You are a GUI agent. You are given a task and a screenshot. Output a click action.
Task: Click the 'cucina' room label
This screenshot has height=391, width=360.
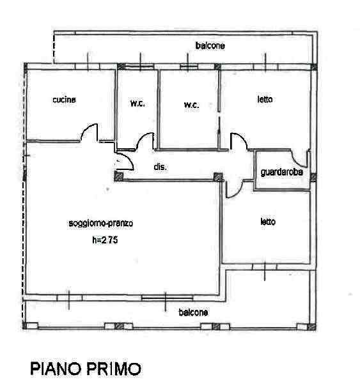tap(64, 100)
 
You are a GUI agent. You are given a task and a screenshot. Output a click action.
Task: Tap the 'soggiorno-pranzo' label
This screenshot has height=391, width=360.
tap(100, 223)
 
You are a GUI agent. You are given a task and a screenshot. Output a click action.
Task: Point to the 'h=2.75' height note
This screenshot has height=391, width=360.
tap(105, 240)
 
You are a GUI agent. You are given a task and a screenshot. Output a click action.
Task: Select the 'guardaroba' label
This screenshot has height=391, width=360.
tap(281, 172)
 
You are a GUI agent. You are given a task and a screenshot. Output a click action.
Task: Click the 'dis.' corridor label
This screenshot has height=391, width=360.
tap(160, 167)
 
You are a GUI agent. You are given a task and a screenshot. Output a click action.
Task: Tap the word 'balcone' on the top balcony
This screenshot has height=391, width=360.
tap(210, 45)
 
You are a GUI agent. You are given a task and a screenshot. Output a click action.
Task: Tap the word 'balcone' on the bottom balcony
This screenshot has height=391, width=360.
tap(193, 312)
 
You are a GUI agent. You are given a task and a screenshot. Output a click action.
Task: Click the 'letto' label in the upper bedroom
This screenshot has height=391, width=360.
tap(265, 99)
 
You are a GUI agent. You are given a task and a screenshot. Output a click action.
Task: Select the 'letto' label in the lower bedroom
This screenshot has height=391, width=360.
tap(268, 222)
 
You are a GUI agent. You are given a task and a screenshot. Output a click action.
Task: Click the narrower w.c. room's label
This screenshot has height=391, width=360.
tap(137, 103)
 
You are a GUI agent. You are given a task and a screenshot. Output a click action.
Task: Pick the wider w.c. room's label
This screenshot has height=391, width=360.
tap(191, 105)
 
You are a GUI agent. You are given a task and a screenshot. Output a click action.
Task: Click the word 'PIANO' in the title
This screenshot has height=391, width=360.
tap(56, 369)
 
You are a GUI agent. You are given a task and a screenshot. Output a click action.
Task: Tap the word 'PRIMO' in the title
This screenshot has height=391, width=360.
tap(114, 369)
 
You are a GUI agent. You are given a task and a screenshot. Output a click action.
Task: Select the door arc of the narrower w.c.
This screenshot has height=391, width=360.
tap(142, 137)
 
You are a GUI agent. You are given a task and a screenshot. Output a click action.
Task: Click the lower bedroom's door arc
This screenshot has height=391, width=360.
tap(237, 193)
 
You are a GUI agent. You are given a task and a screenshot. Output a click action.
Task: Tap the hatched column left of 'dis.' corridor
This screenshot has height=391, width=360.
tap(119, 176)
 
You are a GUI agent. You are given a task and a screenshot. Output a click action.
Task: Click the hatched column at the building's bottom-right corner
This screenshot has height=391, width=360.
tap(311, 327)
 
